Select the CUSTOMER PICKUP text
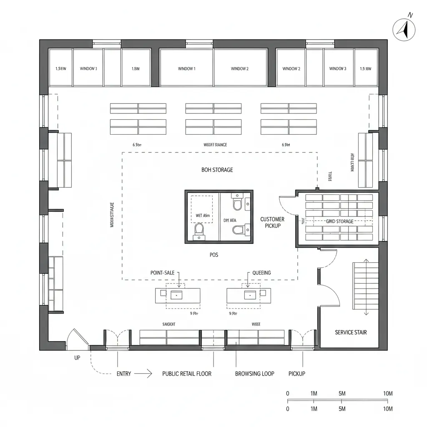coord(272,222)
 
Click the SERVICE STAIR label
coord(351,332)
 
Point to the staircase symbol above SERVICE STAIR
coord(366,287)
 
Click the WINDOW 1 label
coord(186,69)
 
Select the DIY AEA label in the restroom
coord(230,220)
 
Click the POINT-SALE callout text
coord(162,273)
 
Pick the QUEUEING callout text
coord(261,273)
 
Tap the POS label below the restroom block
coord(214,255)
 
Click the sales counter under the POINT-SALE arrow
coord(178,296)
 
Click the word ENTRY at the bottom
coord(123,374)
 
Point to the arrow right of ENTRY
coord(144,374)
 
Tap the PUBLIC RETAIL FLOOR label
coord(186,374)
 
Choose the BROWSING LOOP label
coord(254,374)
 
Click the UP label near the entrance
coord(77,358)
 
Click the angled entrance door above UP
coord(76,338)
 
